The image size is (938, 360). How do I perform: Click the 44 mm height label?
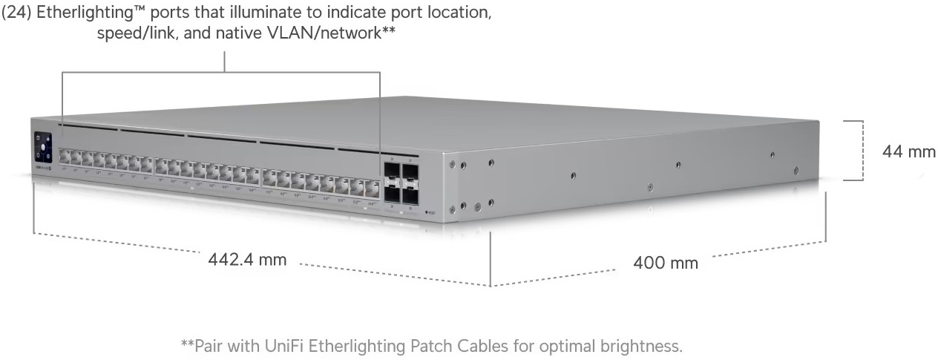(x=908, y=151)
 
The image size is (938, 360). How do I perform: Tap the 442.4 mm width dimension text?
(x=247, y=260)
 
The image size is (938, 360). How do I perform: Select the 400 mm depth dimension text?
(x=665, y=263)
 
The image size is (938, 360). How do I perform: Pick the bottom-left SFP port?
(x=391, y=194)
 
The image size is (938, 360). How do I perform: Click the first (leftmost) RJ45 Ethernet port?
(x=65, y=157)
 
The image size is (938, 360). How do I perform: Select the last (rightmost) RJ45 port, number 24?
(x=372, y=186)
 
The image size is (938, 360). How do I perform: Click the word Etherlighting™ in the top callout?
(x=88, y=14)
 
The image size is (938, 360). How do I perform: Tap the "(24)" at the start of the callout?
(x=16, y=14)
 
